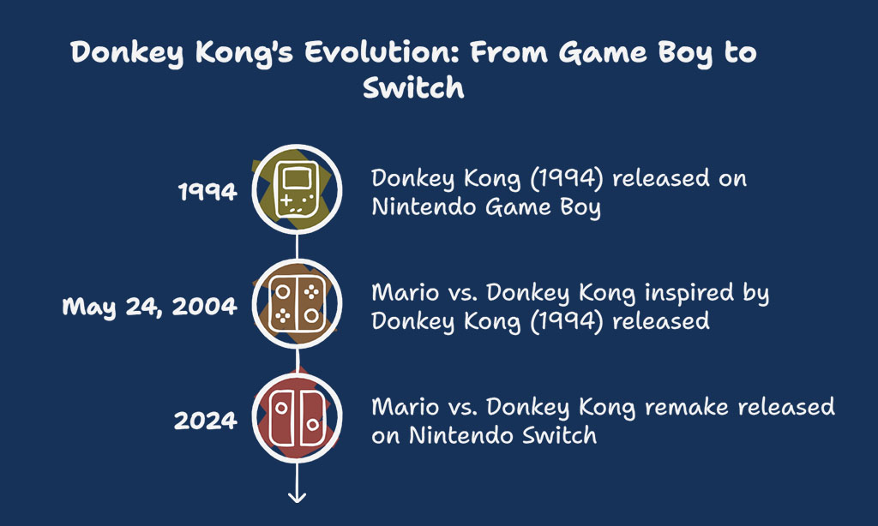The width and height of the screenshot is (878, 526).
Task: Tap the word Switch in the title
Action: click(x=413, y=87)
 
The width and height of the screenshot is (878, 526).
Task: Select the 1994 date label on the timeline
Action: click(x=207, y=192)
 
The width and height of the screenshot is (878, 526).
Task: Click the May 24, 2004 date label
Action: click(x=149, y=307)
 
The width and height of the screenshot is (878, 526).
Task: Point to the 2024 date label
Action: click(x=206, y=421)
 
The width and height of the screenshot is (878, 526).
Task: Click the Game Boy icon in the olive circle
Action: click(x=297, y=189)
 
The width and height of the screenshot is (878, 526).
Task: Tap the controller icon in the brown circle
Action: click(x=298, y=304)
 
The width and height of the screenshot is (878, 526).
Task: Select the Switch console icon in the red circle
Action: click(x=298, y=418)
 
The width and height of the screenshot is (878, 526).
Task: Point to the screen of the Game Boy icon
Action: click(x=297, y=178)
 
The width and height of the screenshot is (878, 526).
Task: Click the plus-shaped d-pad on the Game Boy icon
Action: click(x=286, y=200)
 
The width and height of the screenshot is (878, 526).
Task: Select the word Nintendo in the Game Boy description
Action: click(x=425, y=207)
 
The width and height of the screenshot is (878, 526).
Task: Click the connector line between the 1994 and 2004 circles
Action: click(x=297, y=246)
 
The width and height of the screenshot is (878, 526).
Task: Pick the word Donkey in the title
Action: click(x=127, y=53)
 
